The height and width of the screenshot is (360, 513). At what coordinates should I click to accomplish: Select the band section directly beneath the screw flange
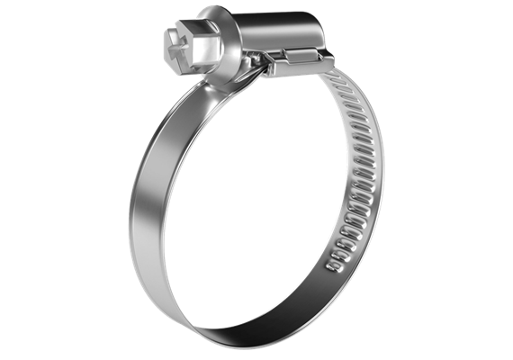pos(220,90)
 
